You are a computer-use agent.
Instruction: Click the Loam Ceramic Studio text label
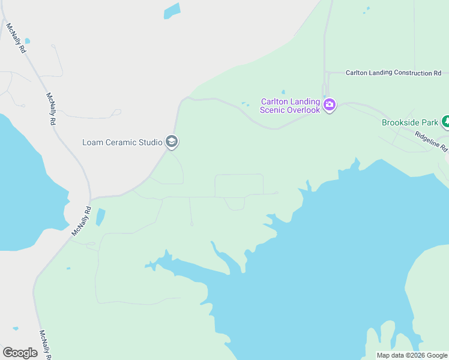coord(122,142)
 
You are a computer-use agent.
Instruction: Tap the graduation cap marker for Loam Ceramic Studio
coord(172,142)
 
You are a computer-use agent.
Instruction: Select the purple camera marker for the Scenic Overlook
coord(329,106)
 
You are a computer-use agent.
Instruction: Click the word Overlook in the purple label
coord(298,110)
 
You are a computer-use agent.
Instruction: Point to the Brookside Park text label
coord(410,122)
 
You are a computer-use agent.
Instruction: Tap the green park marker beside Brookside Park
coord(445,122)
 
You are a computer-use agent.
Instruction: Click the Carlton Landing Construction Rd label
coord(393,73)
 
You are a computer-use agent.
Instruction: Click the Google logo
coord(20,353)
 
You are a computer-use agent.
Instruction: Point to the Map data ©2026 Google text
coord(412,355)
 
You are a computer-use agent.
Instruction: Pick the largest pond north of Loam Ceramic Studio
coord(172,11)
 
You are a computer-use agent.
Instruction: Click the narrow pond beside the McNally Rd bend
coord(100,217)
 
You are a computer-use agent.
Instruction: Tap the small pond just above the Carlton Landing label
coord(283,92)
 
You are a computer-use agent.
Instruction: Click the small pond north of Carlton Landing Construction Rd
coord(366,10)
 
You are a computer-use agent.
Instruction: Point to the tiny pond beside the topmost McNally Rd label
coord(28,41)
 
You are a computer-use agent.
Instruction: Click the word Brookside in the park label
coord(400,122)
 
